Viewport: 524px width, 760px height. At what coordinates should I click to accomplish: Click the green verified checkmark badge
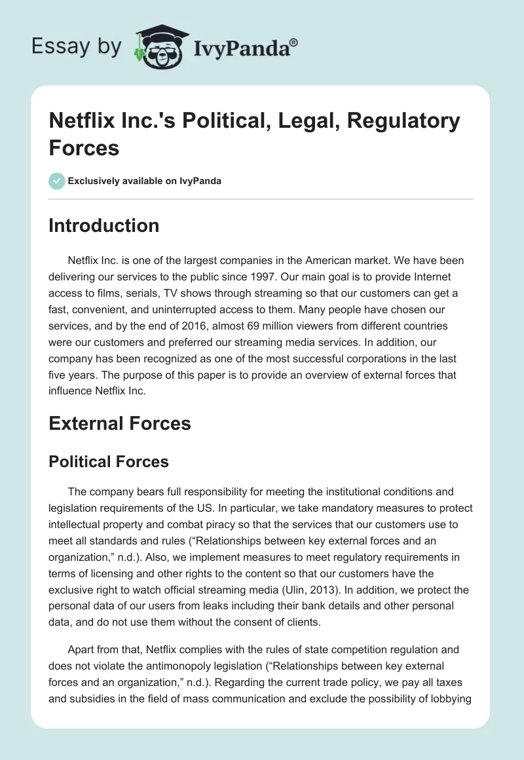(x=56, y=181)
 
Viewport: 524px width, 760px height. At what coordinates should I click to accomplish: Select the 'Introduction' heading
(x=103, y=225)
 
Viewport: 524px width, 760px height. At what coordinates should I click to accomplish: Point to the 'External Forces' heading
(x=120, y=423)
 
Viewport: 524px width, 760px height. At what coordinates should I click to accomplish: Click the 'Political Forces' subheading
(x=109, y=461)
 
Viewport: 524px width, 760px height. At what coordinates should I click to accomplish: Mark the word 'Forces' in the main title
(x=84, y=148)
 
